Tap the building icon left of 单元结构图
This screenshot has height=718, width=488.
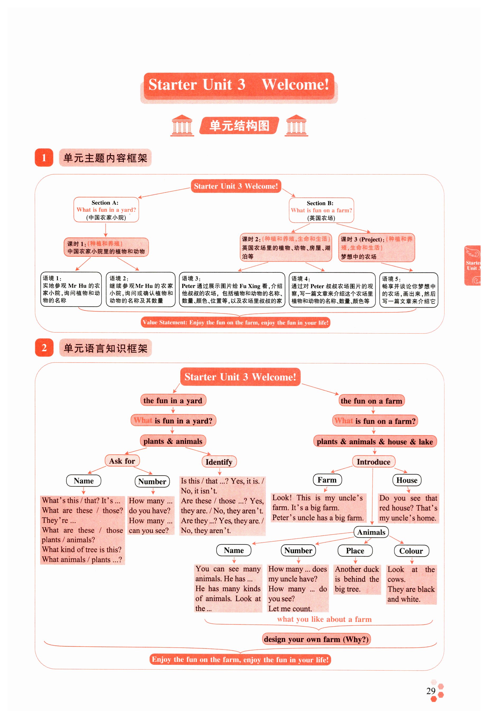182,125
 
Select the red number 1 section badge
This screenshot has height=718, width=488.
44,158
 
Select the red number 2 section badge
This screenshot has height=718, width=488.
44,347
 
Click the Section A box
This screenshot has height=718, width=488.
106,209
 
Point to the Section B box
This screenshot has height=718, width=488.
321,210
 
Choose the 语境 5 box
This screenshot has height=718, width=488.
408,290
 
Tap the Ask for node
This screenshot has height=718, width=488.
122,461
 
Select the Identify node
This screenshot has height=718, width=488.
219,462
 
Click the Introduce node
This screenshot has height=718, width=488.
374,462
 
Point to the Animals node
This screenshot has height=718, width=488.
371,532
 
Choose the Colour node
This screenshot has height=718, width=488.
411,551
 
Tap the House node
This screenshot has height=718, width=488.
407,480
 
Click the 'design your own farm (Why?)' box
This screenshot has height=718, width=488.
316,639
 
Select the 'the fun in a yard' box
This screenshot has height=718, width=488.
173,400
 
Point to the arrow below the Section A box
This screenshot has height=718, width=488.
106,230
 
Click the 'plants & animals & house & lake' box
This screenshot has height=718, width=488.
375,441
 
